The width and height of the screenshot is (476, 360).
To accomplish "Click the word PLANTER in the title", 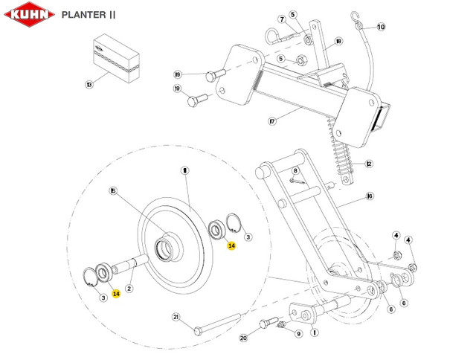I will [83, 14].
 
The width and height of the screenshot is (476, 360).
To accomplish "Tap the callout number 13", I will [90, 86].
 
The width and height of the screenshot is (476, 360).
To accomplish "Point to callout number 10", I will [381, 28].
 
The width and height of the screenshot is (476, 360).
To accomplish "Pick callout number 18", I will [338, 44].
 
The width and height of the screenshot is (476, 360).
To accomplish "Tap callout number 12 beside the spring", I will [368, 164].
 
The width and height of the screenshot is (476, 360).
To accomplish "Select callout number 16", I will [370, 198].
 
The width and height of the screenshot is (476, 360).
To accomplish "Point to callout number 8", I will [295, 171].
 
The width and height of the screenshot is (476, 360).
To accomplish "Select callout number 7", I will [282, 19].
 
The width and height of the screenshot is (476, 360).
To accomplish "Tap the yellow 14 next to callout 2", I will [116, 294].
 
